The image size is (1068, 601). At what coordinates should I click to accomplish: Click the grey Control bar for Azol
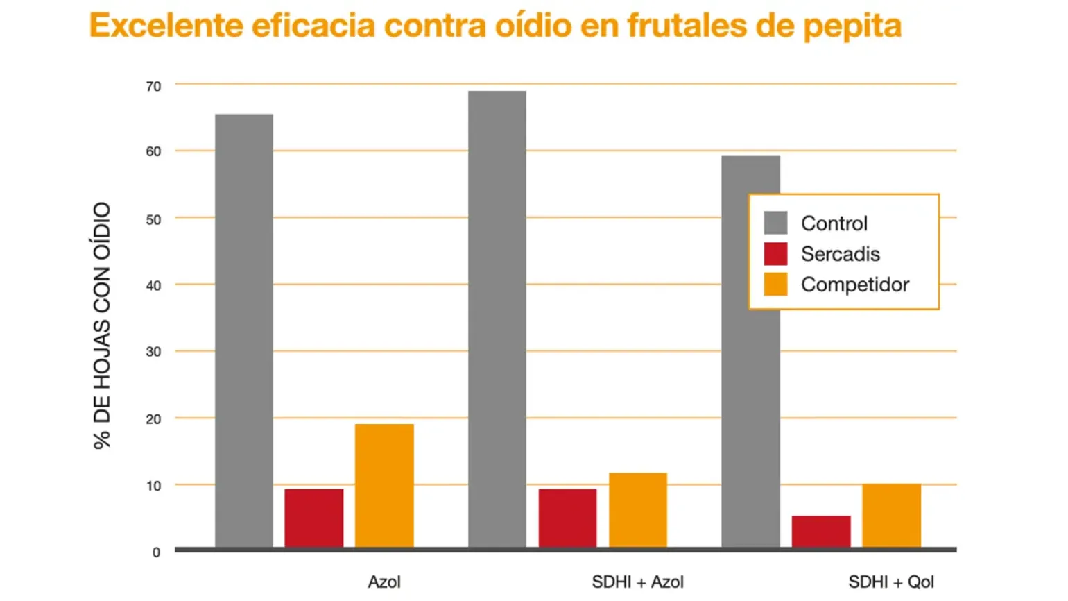tap(244, 330)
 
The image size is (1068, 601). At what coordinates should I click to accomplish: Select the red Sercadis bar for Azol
tap(313, 518)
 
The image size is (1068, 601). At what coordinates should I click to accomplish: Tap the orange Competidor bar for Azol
tap(384, 486)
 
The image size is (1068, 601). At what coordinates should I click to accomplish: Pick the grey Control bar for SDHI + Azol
tap(497, 319)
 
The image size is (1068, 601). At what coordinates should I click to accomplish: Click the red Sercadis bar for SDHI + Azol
tap(567, 518)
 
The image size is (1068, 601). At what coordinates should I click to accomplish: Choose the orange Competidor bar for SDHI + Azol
tap(638, 510)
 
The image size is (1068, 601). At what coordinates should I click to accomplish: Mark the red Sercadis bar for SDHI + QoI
tap(821, 532)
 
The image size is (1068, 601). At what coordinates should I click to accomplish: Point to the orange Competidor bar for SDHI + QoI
tap(892, 516)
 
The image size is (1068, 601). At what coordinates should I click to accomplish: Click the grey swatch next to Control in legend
tap(776, 223)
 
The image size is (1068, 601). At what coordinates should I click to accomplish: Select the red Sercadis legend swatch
tap(776, 254)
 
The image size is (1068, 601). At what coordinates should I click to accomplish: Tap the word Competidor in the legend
tap(855, 285)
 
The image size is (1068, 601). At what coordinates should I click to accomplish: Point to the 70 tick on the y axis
tap(153, 86)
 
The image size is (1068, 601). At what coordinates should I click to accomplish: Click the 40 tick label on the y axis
tap(153, 286)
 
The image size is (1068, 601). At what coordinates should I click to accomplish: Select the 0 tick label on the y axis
tap(157, 552)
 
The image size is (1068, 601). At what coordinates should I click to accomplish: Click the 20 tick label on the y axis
tap(153, 419)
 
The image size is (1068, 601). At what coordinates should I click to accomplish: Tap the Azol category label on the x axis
tap(384, 582)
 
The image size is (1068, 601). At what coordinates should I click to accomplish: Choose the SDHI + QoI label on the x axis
tap(891, 582)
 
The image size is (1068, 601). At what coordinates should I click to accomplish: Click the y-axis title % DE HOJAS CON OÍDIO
tap(102, 325)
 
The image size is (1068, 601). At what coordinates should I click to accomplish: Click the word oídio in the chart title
tap(533, 25)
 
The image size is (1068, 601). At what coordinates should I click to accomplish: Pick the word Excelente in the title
tap(166, 25)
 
